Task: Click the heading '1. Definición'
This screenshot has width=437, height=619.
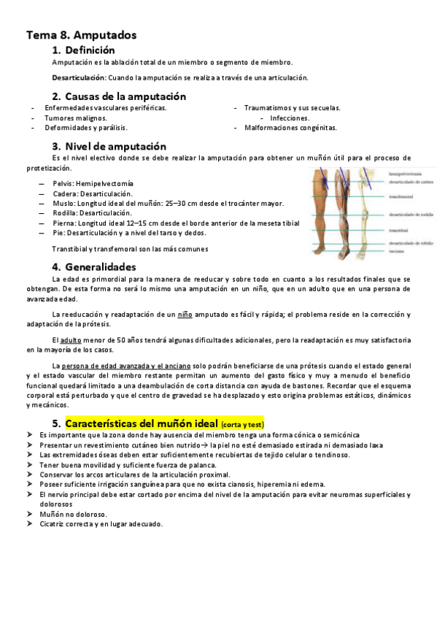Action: tap(84, 50)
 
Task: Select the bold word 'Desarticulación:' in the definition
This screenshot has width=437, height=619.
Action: tap(79, 77)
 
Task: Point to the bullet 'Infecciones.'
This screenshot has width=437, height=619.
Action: tap(290, 118)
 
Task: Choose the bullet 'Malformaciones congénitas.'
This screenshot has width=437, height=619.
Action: tap(290, 127)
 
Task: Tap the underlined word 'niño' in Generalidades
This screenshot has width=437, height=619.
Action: tap(186, 315)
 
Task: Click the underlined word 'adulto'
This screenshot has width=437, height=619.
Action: tap(71, 341)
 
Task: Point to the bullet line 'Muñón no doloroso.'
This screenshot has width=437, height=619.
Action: tap(74, 514)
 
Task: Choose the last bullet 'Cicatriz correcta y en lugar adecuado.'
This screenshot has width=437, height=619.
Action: tap(101, 523)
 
